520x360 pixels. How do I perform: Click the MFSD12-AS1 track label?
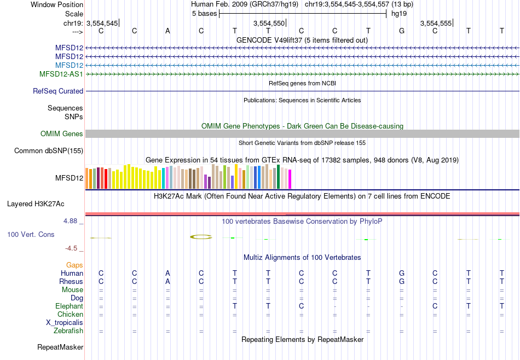point(61,74)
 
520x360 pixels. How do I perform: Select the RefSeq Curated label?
point(58,91)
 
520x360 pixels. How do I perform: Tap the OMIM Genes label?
point(62,134)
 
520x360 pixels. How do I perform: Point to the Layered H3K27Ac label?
point(36,204)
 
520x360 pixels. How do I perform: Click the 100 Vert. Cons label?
point(31,234)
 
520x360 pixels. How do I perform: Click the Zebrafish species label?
point(68,331)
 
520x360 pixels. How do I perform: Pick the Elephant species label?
point(69,306)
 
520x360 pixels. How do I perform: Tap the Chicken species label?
point(71,315)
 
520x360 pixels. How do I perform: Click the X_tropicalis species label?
point(65,323)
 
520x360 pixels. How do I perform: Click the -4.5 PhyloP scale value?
point(72,248)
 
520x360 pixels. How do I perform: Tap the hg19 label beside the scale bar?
point(399,13)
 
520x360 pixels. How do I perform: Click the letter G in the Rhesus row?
point(402,282)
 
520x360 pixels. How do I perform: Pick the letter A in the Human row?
point(168,274)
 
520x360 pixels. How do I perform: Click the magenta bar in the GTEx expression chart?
point(290,180)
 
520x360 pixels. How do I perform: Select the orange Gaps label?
point(74,265)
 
